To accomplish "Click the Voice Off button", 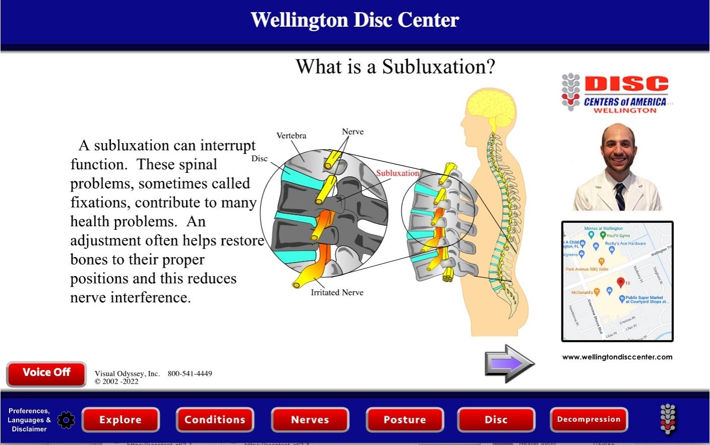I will pyautogui.click(x=46, y=373).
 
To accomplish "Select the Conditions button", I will pyautogui.click(x=215, y=420).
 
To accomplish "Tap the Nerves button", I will pyautogui.click(x=310, y=420).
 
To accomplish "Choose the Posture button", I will pyautogui.click(x=405, y=420).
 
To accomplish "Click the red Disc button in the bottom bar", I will pyautogui.click(x=496, y=420).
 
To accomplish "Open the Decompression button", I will pyautogui.click(x=589, y=419).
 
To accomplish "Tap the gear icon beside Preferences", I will pyautogui.click(x=66, y=420).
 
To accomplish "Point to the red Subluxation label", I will pyautogui.click(x=398, y=173).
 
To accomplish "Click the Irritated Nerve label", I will pyautogui.click(x=337, y=292).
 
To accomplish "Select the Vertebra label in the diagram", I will pyautogui.click(x=291, y=136).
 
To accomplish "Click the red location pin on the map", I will pyautogui.click(x=621, y=282).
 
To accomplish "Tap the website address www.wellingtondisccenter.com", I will pyautogui.click(x=617, y=357).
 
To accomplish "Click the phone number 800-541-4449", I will pyautogui.click(x=190, y=373).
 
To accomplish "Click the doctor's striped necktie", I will pyautogui.click(x=620, y=197).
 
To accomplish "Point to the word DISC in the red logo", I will pyautogui.click(x=626, y=84).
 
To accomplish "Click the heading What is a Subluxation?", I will pyautogui.click(x=396, y=67).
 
